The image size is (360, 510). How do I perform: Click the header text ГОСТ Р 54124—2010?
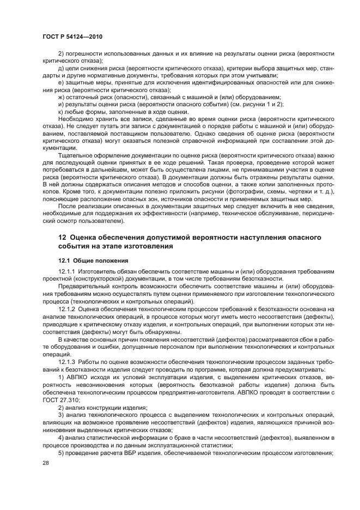[72, 36]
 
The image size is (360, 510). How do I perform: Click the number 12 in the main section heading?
[63, 238]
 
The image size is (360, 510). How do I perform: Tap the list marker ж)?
[61, 97]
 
